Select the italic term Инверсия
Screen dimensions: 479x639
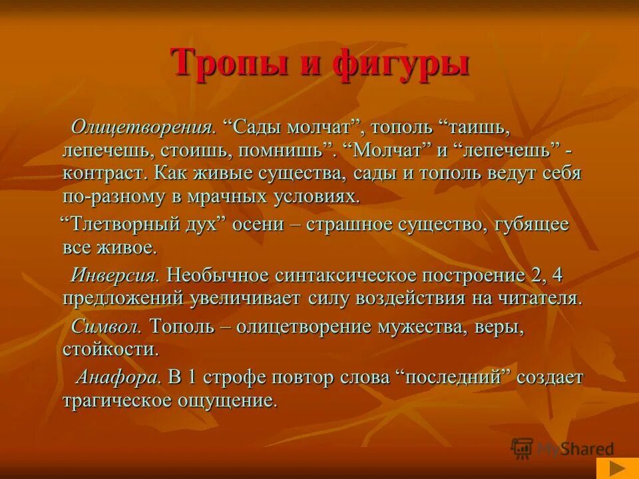[x=115, y=274]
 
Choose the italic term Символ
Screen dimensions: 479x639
[x=106, y=326]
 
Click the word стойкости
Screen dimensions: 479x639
[x=111, y=349]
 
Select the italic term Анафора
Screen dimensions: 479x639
[x=118, y=377]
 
